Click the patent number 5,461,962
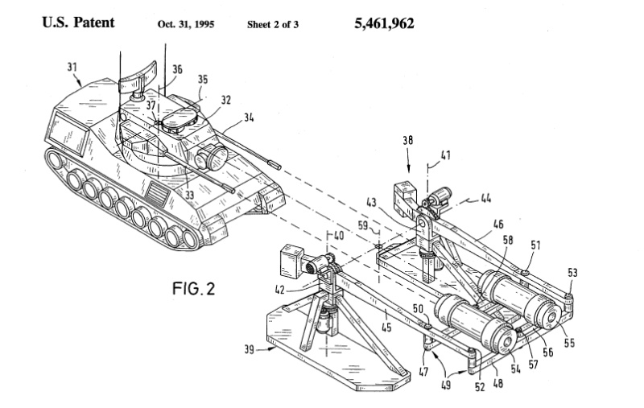click(x=384, y=23)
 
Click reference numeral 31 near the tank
click(x=72, y=80)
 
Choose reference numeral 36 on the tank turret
click(x=176, y=70)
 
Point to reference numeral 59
click(x=362, y=226)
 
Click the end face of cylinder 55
click(x=550, y=317)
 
